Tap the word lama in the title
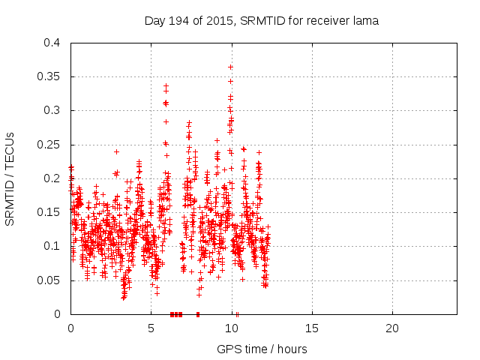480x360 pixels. [365, 21]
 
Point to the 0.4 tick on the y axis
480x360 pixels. [52, 43]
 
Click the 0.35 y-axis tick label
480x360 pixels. [49, 76]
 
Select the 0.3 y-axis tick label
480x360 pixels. [52, 110]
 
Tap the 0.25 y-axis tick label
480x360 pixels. [49, 145]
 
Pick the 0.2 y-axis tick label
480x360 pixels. [52, 178]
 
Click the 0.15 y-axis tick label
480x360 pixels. [49, 212]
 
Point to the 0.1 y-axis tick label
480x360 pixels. [52, 246]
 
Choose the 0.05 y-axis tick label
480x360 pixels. [49, 280]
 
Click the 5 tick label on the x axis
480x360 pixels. [151, 328]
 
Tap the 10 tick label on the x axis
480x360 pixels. [231, 328]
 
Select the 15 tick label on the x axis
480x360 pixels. [311, 328]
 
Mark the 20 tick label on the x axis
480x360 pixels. [391, 328]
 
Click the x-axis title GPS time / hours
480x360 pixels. [262, 349]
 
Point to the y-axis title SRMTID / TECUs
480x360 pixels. [11, 178]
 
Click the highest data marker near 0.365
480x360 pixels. [230, 67]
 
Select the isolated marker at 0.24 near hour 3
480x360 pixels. [116, 151]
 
